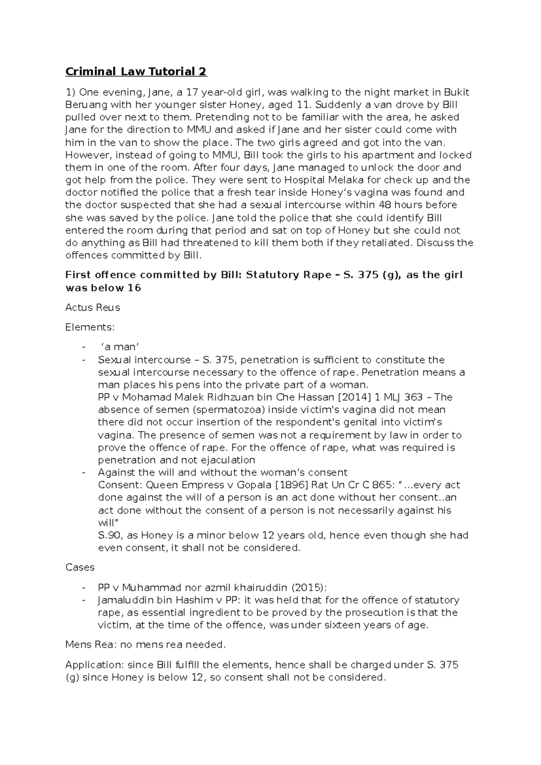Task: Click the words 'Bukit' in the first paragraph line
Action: click(457, 92)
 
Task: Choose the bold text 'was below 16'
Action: click(103, 288)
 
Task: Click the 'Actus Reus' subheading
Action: click(92, 308)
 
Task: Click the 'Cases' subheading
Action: click(80, 567)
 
